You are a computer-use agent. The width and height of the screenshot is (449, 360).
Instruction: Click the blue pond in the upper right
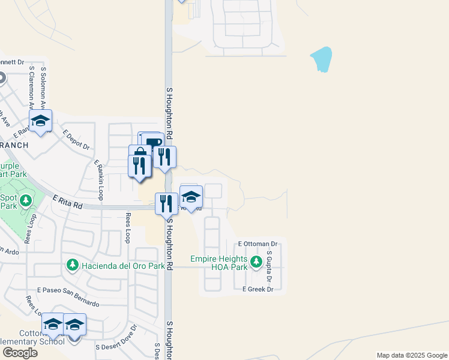322,59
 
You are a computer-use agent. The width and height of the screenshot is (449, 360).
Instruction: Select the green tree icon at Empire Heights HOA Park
256,262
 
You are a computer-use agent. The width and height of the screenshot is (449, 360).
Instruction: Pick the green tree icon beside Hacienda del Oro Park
72,265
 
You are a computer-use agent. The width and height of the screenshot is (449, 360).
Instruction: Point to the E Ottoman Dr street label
258,244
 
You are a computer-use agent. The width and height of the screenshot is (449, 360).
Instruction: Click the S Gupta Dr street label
270,267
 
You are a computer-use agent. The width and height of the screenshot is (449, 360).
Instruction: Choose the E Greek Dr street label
258,289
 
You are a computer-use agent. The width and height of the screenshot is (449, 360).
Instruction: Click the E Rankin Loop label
99,179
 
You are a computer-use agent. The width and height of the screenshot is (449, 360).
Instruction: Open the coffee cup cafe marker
152,143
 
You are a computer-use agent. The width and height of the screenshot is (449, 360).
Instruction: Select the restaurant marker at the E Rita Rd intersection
166,203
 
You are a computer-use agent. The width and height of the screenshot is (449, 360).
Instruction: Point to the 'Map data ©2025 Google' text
411,355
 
